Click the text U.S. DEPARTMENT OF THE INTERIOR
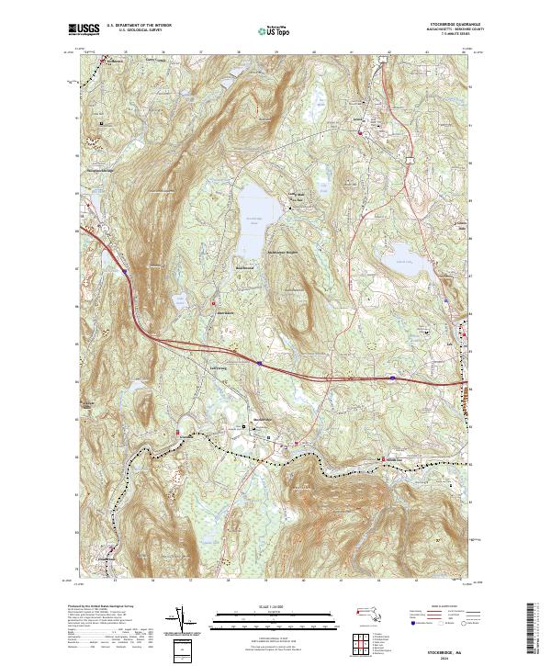(x=138, y=27)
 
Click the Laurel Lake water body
(x=398, y=256)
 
